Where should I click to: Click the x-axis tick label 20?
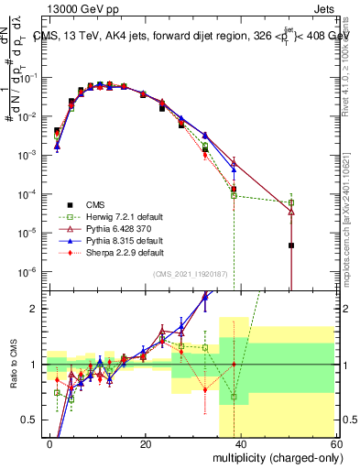pyautogui.click(x=145, y=443)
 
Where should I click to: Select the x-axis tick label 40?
pyautogui.click(x=240, y=443)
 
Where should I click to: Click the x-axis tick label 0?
pyautogui.click(x=50, y=443)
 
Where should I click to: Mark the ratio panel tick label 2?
pyautogui.click(x=36, y=309)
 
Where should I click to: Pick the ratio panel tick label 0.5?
pyautogui.click(x=33, y=420)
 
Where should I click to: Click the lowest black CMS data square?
pyautogui.click(x=290, y=245)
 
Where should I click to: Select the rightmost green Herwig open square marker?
pyautogui.click(x=290, y=202)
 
